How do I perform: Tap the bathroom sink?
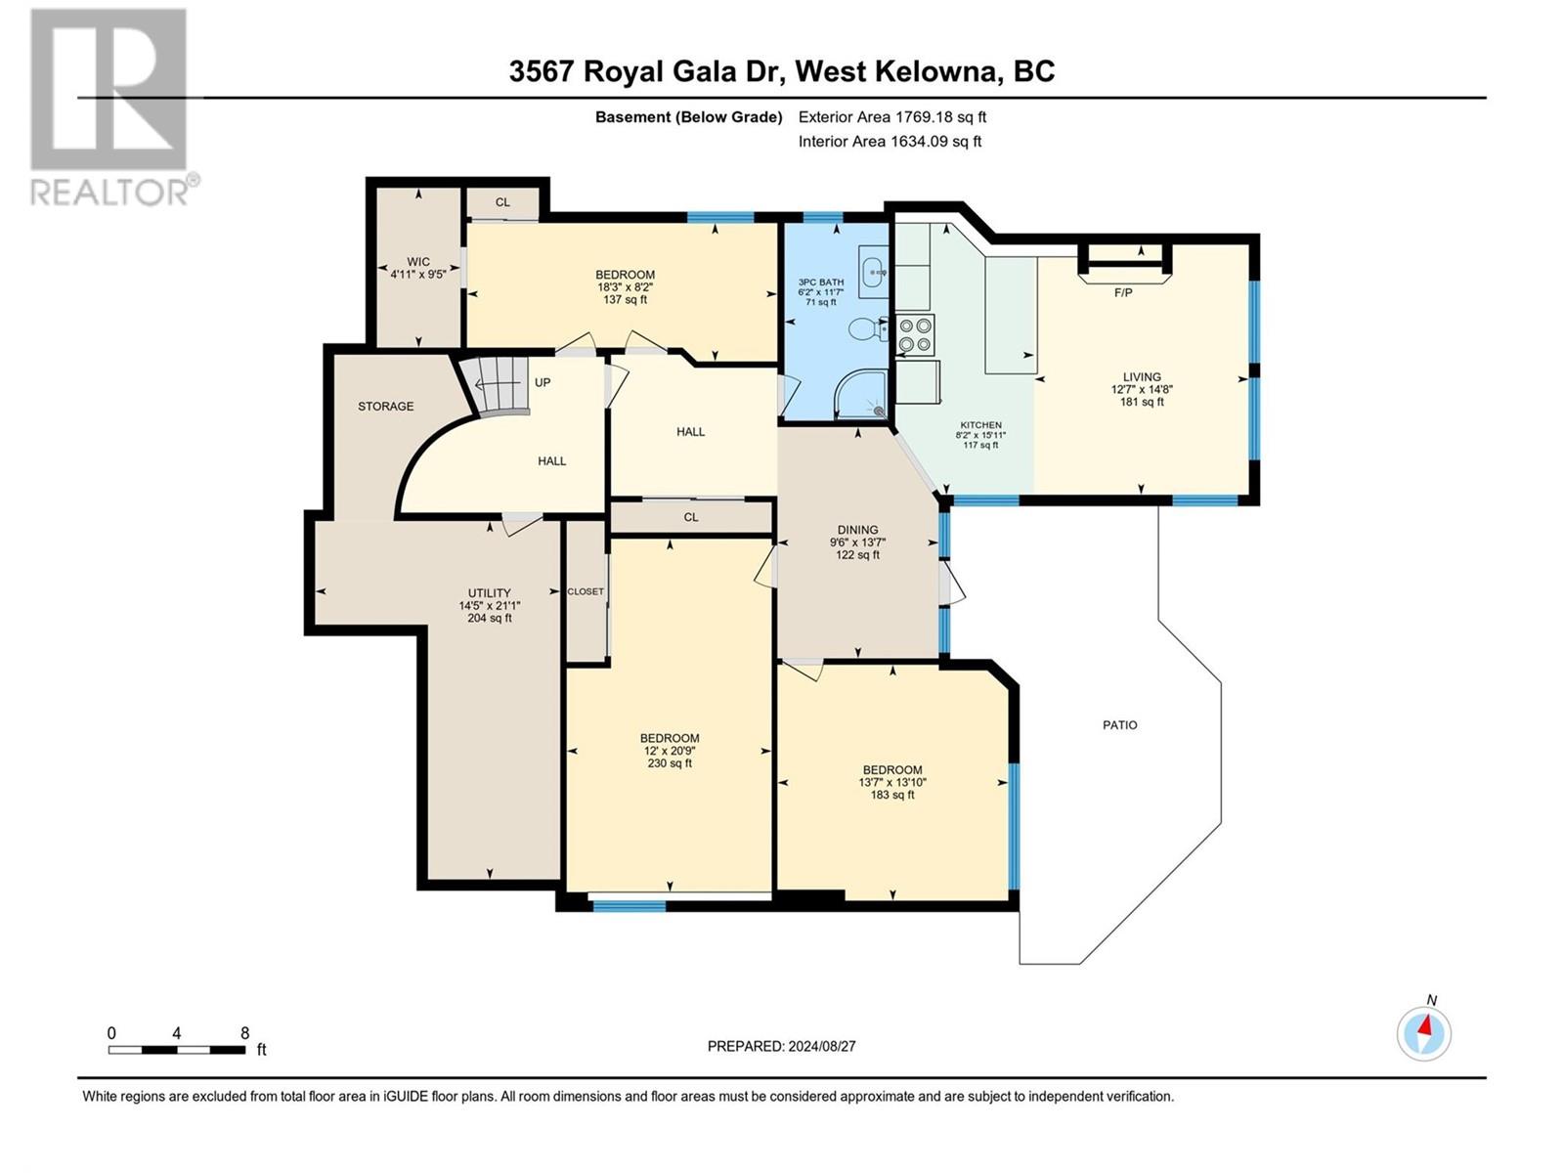(873, 270)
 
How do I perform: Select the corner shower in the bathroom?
(861, 396)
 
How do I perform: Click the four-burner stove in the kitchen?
(916, 334)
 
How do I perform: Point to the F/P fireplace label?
(1123, 292)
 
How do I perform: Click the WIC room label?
(418, 262)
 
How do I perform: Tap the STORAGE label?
(385, 406)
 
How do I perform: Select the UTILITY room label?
(489, 592)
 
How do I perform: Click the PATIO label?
(1120, 725)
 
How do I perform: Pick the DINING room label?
(857, 530)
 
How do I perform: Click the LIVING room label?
(1142, 376)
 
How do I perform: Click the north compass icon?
(1424, 1032)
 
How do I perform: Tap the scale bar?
(177, 1050)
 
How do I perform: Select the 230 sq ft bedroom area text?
(670, 763)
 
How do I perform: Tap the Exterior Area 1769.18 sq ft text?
(891, 117)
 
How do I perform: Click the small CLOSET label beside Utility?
(586, 591)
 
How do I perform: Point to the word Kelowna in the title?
(936, 71)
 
